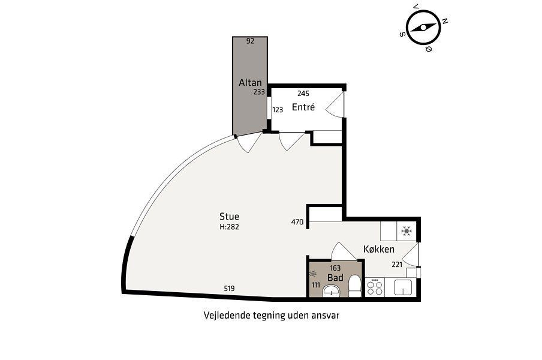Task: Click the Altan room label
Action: point(250,83)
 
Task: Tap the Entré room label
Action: point(303,107)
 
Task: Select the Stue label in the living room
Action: point(229,217)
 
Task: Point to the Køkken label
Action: point(379,249)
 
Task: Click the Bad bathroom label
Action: point(335,278)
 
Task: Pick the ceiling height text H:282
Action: point(229,227)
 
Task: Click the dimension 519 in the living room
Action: point(229,289)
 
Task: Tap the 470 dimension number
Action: point(297,222)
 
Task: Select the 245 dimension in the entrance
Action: point(303,94)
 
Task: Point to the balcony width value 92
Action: point(250,41)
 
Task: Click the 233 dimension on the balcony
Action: point(259,92)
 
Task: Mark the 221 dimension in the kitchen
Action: point(397,265)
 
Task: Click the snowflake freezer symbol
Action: point(406,231)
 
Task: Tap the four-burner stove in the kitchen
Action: point(375,288)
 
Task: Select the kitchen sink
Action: point(403,287)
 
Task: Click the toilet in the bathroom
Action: point(354,286)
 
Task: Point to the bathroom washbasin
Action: point(332,291)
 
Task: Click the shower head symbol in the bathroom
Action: point(313,274)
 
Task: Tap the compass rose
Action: point(423,28)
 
